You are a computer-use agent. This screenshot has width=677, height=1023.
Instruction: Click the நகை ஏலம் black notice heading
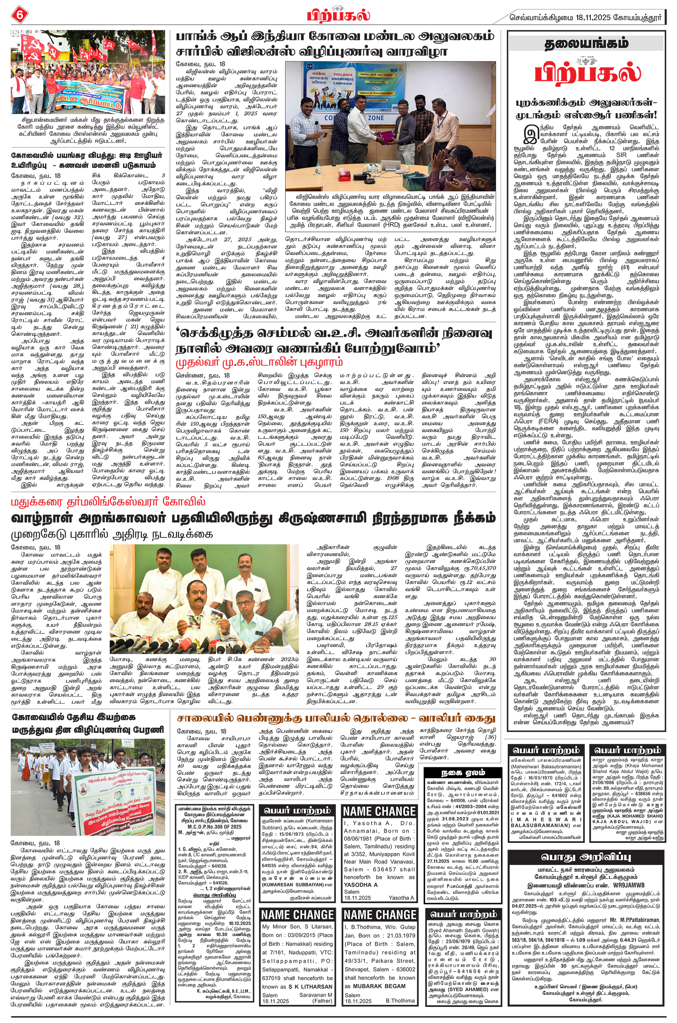tap(463, 773)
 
